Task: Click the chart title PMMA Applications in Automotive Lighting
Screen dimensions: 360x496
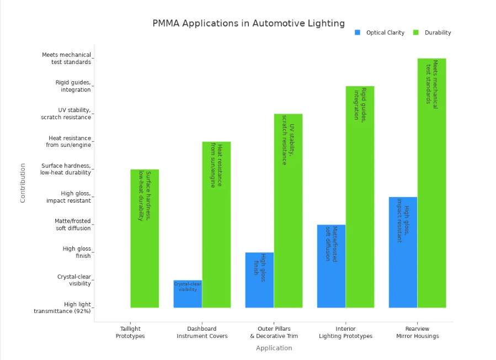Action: (x=248, y=23)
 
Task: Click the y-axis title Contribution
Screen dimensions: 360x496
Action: (x=23, y=183)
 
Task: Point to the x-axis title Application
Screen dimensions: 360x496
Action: (x=274, y=348)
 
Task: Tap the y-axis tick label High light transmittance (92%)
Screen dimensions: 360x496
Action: (x=62, y=308)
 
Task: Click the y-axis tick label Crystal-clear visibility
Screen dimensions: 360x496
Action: (x=74, y=280)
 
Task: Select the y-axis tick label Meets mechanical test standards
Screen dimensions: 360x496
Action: (x=66, y=58)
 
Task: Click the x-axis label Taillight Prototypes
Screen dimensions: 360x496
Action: (x=130, y=332)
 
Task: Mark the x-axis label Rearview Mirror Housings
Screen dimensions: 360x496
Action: (x=417, y=332)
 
